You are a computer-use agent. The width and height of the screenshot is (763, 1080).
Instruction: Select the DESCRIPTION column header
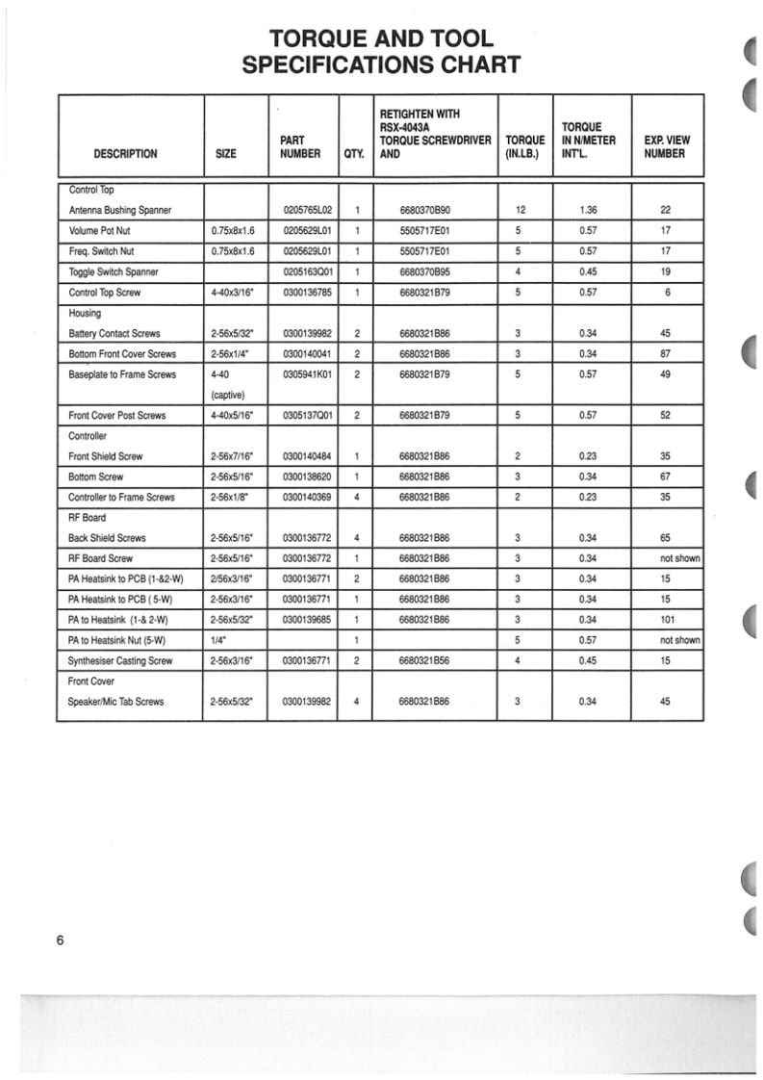pos(126,154)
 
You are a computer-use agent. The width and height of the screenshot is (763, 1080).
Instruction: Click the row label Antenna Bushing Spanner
pos(120,210)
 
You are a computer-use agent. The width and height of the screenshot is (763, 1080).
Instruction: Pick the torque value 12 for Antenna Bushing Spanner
pos(520,210)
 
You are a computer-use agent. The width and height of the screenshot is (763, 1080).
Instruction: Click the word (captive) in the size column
pos(227,395)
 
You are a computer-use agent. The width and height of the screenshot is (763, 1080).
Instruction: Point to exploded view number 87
pos(665,354)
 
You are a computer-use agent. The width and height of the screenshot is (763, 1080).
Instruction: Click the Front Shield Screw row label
pos(107,456)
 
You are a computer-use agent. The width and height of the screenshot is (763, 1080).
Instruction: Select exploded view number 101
pos(665,619)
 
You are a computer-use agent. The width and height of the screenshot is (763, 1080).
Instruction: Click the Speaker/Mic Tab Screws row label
pos(116,702)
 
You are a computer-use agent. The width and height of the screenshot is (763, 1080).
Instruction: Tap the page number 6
pos(60,940)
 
